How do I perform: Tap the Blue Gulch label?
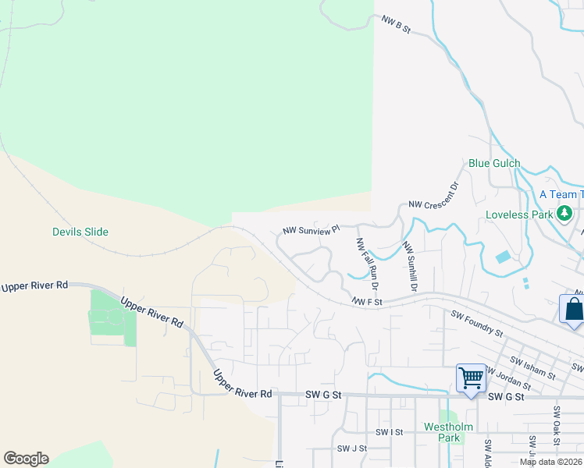(494, 164)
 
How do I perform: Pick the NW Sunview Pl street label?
(312, 230)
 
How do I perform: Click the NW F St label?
(365, 301)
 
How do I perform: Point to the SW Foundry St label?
(477, 322)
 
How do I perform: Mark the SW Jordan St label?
(509, 378)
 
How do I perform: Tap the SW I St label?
(389, 431)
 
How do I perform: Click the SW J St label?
(352, 448)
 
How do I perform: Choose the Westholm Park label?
(443, 432)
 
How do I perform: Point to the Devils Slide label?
(80, 232)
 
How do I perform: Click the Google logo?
(26, 459)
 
